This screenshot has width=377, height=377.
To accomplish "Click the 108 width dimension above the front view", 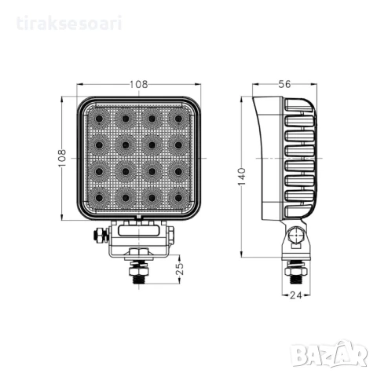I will [x=140, y=82].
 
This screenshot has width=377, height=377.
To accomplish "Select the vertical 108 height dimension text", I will [x=62, y=158].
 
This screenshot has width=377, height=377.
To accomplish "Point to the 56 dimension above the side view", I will [x=285, y=82].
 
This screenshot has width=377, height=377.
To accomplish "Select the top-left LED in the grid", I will [x=99, y=119].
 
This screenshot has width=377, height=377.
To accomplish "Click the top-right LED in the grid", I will [x=180, y=119].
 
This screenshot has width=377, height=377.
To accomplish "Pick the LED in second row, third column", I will [x=152, y=145].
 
